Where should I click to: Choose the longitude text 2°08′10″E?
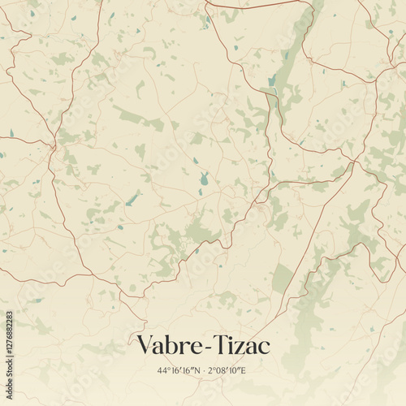(227, 371)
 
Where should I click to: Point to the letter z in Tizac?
(242, 348)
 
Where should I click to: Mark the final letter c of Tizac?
(265, 348)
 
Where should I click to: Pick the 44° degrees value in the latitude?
(164, 371)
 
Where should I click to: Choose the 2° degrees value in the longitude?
(212, 371)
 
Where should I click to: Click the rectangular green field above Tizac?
(282, 279)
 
